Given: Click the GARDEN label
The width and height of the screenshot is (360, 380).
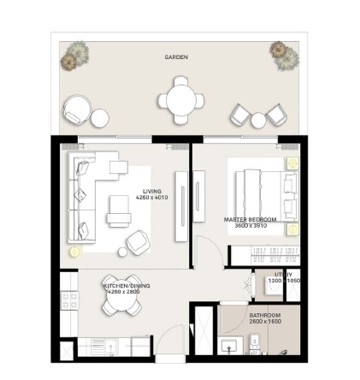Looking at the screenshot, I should point(176,57).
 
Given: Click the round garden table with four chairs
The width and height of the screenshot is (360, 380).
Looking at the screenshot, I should point(180,100).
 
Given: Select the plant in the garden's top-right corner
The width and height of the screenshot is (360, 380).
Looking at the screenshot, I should point(284,54).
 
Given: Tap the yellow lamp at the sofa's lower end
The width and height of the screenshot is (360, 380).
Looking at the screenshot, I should point(74,251).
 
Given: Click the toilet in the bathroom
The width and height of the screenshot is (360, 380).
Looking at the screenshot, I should point(257,345).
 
